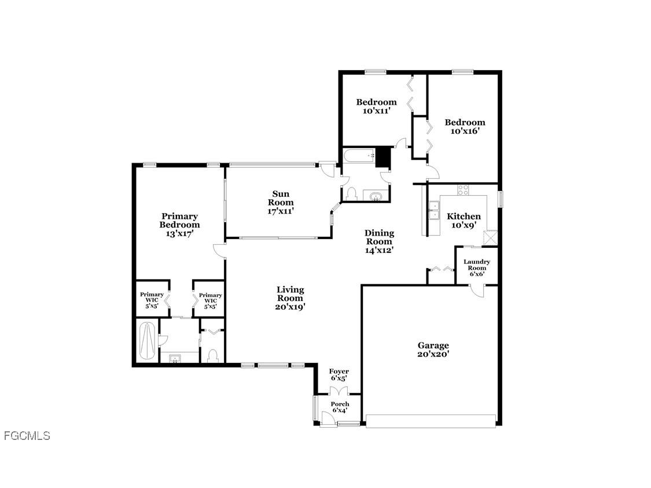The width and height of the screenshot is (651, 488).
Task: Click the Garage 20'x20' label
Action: pyautogui.click(x=433, y=349)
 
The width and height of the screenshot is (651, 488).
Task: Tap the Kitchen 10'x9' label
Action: pyautogui.click(x=464, y=220)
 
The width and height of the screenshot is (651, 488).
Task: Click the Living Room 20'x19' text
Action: pyautogui.click(x=290, y=298)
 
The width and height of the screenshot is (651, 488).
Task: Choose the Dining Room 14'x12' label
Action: pyautogui.click(x=379, y=241)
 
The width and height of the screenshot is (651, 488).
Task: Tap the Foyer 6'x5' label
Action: pyautogui.click(x=339, y=375)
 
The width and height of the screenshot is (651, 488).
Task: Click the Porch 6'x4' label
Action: pyautogui.click(x=340, y=407)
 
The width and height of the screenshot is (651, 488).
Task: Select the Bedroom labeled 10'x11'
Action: pyautogui.click(x=376, y=106)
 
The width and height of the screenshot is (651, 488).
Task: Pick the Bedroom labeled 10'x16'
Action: pyautogui.click(x=465, y=126)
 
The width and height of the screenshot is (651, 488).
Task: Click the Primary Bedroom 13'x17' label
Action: pyautogui.click(x=180, y=225)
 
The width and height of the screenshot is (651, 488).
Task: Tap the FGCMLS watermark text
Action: pyautogui.click(x=27, y=436)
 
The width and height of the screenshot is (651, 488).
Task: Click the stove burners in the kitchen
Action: pyautogui.click(x=464, y=189)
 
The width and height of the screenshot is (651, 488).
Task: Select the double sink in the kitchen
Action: pyautogui.click(x=433, y=210)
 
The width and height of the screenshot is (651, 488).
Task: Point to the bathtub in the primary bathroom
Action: pyautogui.click(x=148, y=342)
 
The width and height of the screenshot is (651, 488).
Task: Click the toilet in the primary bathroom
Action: pyautogui.click(x=212, y=354)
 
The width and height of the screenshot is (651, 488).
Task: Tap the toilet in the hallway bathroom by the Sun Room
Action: pyautogui.click(x=350, y=195)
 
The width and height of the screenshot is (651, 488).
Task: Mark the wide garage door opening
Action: pyautogui.click(x=431, y=421)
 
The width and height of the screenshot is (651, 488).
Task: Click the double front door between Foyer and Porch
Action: pyautogui.click(x=339, y=392)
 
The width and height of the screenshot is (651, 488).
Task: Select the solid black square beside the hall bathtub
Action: pyautogui.click(x=382, y=156)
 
